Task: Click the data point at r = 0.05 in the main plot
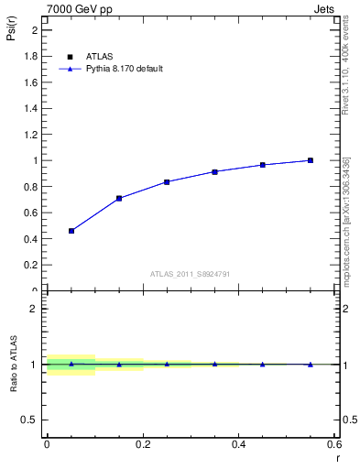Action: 71,231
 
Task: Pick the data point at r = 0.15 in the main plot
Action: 119,198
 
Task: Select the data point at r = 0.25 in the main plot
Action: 167,181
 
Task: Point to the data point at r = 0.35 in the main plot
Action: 214,171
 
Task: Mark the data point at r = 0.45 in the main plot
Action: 263,165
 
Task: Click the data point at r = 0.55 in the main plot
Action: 311,160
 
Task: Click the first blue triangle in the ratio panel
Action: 71,364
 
